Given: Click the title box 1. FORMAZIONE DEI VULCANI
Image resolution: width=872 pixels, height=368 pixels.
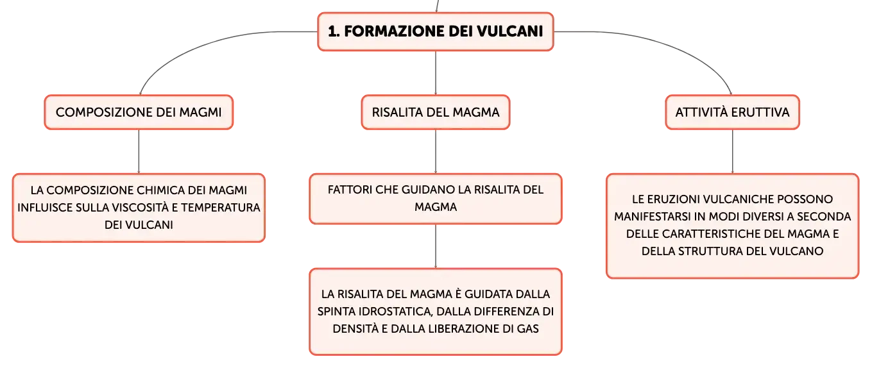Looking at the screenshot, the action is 436,31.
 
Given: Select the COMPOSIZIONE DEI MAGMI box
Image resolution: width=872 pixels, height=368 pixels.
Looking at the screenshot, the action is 139,112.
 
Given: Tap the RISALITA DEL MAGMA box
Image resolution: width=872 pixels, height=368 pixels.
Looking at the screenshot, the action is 436,112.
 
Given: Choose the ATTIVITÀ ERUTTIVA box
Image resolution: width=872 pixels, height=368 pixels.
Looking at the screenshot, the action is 732,112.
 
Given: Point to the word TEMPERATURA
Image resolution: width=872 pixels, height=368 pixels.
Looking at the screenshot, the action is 220,207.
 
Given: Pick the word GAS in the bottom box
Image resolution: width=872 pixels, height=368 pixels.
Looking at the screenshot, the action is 527,329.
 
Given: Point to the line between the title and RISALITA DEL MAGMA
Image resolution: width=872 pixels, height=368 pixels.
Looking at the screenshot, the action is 436,72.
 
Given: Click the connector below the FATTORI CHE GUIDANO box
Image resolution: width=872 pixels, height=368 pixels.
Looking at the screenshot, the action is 436,246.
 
